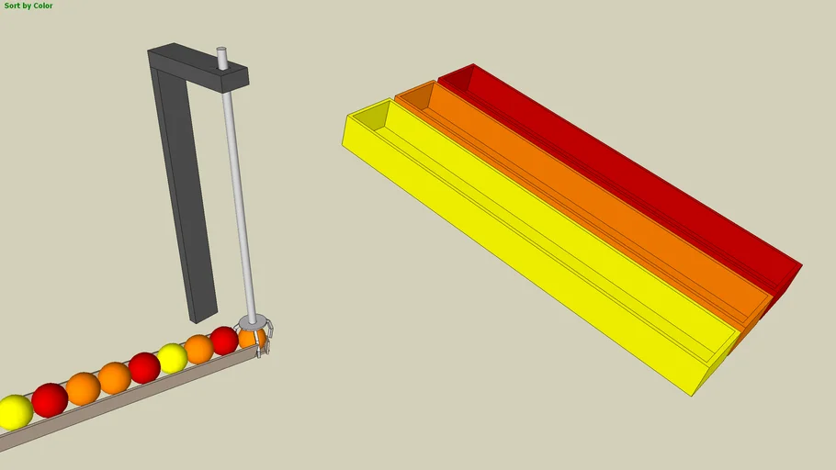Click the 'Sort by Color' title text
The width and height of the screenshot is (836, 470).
[28, 6]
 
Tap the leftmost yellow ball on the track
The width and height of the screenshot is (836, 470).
[14, 412]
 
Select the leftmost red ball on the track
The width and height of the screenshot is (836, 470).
[50, 400]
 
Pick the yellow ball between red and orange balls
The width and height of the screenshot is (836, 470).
[172, 358]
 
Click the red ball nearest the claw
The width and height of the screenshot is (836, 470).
[224, 341]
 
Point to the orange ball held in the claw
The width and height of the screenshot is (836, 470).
[250, 338]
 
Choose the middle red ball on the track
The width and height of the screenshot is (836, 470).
[144, 367]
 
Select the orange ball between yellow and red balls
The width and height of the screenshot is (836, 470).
[198, 349]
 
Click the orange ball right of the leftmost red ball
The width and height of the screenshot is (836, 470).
[83, 388]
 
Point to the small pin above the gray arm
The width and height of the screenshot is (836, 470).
[221, 57]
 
